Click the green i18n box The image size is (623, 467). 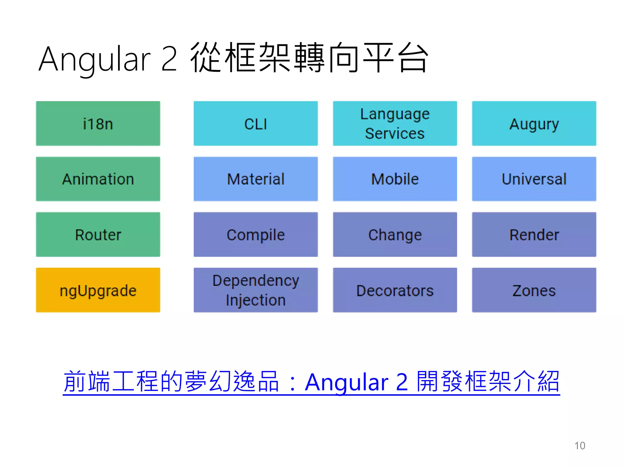click(x=98, y=123)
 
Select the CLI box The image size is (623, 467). click(x=256, y=123)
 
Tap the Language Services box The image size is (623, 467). click(x=395, y=123)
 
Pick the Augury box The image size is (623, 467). click(x=534, y=123)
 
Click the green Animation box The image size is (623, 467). click(x=98, y=179)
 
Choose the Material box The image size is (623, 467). click(x=256, y=179)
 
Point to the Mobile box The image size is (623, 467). click(x=395, y=179)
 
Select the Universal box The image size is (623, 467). click(x=534, y=179)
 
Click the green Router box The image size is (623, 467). click(x=98, y=234)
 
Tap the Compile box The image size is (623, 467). click(x=256, y=234)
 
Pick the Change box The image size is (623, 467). click(x=395, y=234)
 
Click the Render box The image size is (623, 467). click(x=534, y=234)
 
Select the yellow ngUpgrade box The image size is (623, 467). click(x=98, y=290)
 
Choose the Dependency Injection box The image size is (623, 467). click(x=256, y=290)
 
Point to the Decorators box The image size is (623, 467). click(x=395, y=290)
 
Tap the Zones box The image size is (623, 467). click(x=534, y=290)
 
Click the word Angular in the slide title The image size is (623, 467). click(x=94, y=60)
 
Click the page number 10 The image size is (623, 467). click(x=579, y=446)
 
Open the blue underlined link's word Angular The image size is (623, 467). click(x=346, y=382)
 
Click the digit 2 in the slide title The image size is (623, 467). click(x=169, y=59)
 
